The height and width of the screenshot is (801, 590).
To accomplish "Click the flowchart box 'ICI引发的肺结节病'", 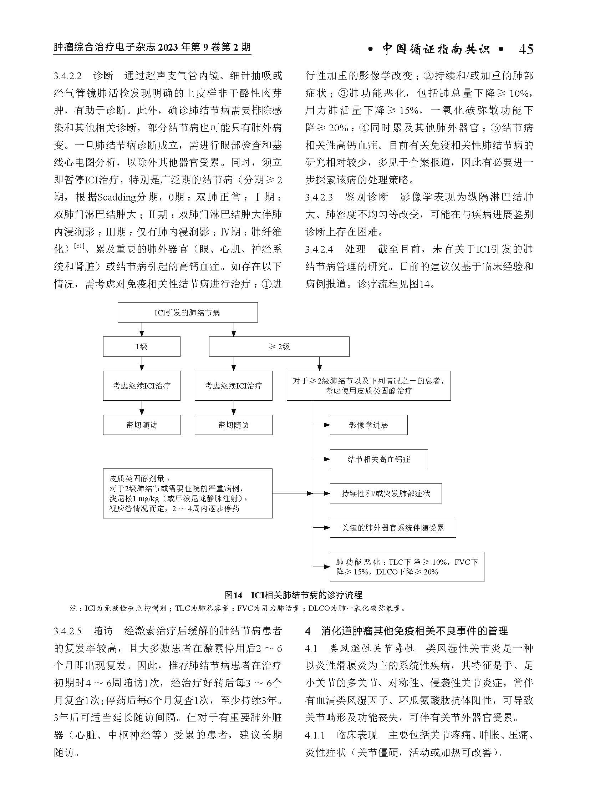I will [188, 313].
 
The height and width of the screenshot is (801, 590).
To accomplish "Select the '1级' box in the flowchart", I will [141, 346].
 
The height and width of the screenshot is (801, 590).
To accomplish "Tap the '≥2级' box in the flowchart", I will [279, 346].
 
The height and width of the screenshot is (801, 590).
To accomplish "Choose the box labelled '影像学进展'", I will [368, 425].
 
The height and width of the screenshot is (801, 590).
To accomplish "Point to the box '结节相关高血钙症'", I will [378, 459].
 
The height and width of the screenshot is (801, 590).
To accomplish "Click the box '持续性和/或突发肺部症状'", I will [385, 493].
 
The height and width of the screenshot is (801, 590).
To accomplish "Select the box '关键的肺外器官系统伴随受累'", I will [392, 528].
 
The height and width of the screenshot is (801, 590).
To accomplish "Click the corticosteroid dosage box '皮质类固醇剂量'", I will [188, 493].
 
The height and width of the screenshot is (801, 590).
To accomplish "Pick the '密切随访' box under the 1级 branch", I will [141, 425].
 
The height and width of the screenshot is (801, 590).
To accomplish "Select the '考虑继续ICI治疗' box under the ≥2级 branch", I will [233, 385].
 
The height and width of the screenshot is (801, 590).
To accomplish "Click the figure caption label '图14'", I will [234, 595].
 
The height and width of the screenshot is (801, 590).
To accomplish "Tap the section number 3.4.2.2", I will [68, 76].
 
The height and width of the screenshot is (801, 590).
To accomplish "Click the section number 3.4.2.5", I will [68, 631].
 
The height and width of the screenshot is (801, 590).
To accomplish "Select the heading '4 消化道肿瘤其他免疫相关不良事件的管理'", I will [406, 631].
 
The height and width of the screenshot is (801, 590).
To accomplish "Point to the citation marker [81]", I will [79, 246].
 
